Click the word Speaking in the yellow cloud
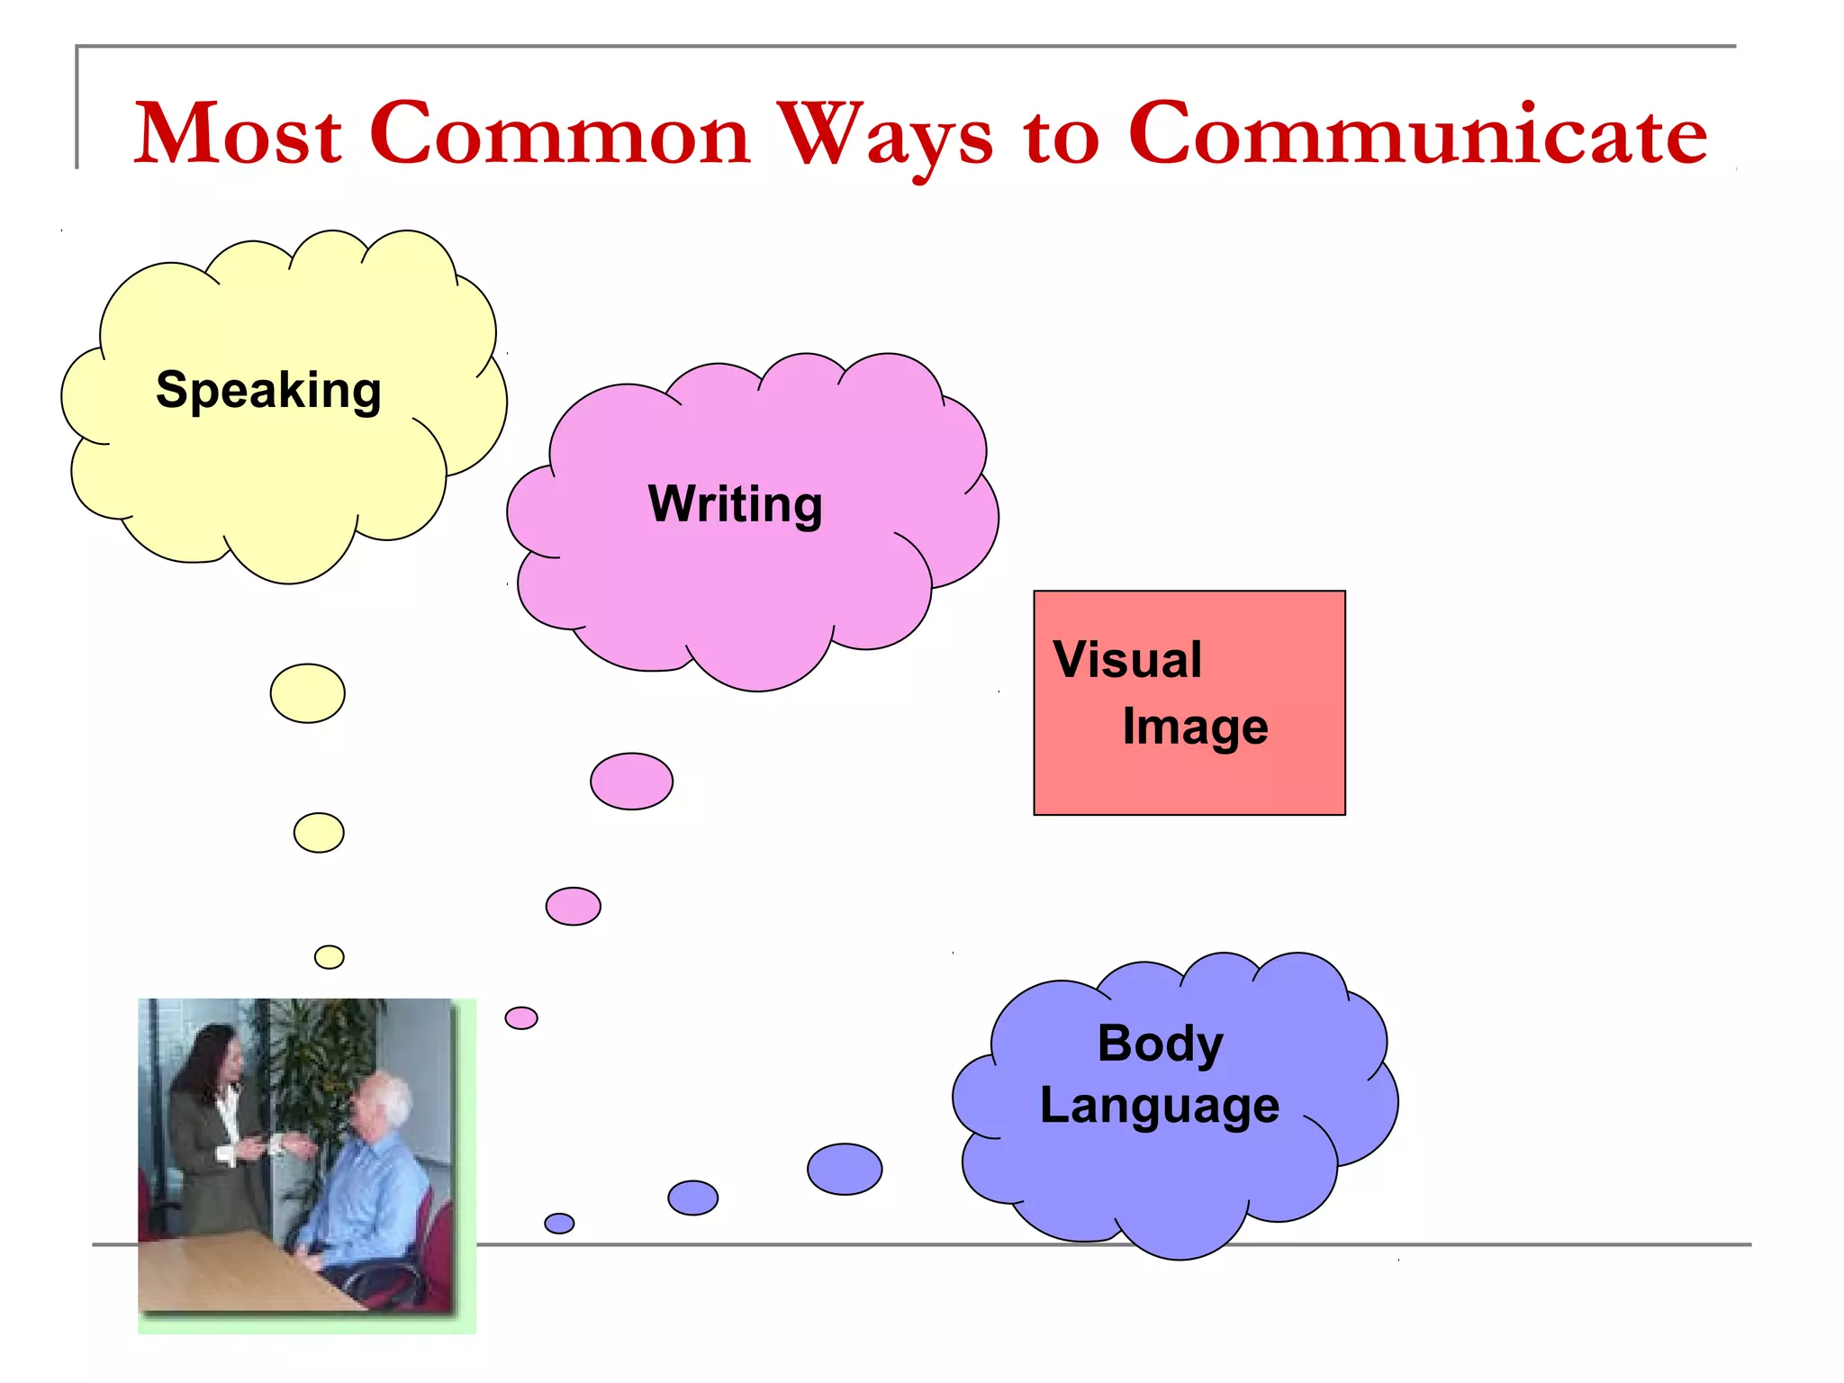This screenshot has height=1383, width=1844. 268,391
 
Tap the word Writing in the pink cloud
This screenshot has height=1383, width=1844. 735,504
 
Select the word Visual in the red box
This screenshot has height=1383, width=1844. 1127,660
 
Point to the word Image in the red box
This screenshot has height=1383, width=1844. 1195,728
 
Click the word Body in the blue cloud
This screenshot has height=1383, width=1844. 1160,1044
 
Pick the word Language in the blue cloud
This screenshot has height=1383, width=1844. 1159,1107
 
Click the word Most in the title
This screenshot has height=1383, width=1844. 239,135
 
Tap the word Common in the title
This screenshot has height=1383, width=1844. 559,135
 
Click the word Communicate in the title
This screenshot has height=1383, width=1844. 1417,135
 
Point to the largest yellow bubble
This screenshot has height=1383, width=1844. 307,693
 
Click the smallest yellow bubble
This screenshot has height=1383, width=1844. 330,957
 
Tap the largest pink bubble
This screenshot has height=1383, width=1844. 631,782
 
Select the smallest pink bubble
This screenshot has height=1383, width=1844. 521,1018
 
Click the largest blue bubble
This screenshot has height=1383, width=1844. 845,1170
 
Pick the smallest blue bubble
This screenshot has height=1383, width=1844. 559,1224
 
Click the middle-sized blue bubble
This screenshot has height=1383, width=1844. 692,1198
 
